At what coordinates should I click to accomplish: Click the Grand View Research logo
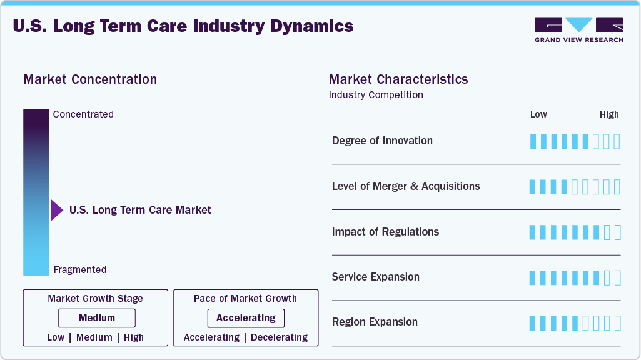578,29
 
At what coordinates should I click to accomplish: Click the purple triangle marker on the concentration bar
56,211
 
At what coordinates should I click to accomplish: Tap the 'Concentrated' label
83,114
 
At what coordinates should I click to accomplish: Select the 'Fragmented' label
80,270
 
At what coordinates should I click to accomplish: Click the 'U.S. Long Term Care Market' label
140,210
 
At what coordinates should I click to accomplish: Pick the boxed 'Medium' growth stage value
97,318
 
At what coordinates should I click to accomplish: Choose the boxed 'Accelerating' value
246,318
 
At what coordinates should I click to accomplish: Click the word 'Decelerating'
279,337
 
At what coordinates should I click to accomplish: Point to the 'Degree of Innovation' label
382,141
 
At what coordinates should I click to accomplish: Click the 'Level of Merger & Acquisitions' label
406,186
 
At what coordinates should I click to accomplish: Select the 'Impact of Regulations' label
385,232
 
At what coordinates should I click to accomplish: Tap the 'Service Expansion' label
376,277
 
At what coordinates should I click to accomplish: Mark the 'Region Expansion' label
375,322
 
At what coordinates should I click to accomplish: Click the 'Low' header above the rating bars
538,114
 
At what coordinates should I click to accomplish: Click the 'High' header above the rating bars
609,114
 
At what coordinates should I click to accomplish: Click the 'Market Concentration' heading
90,79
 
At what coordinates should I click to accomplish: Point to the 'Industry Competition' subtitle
376,95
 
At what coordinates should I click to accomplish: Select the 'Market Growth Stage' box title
95,299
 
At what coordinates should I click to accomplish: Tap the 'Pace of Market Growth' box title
245,299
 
